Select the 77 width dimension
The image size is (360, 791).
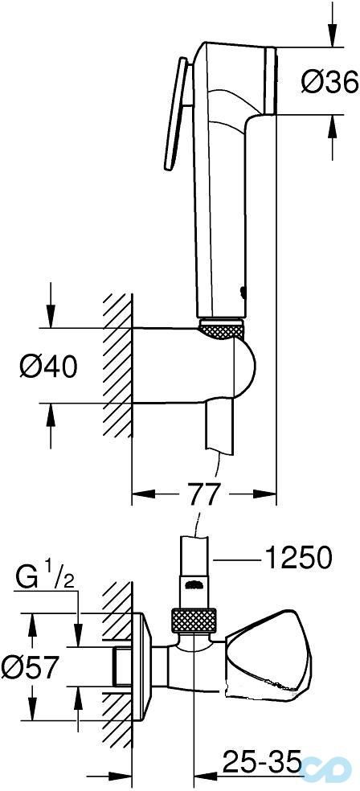[x=202, y=493]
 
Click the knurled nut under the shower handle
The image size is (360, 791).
[x=221, y=328]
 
